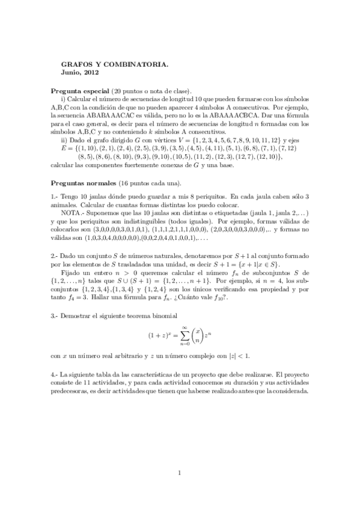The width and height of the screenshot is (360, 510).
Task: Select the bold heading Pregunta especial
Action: pyautogui.click(x=80, y=90)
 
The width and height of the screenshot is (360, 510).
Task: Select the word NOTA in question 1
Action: pyautogui.click(x=72, y=212)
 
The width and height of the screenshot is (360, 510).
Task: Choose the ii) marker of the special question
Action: pyautogui.click(x=64, y=140)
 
